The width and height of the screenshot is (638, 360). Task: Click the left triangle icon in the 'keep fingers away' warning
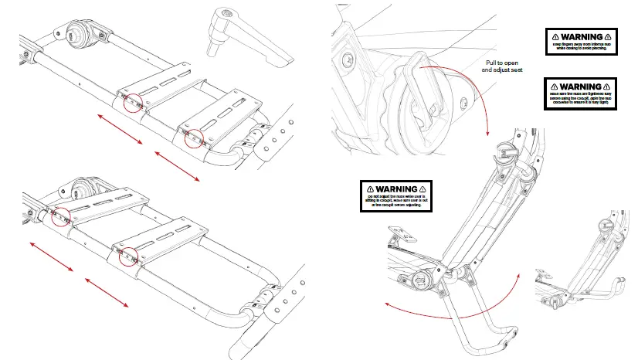553,36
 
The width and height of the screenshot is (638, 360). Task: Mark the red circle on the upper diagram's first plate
132,103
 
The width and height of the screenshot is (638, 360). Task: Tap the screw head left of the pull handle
350,59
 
